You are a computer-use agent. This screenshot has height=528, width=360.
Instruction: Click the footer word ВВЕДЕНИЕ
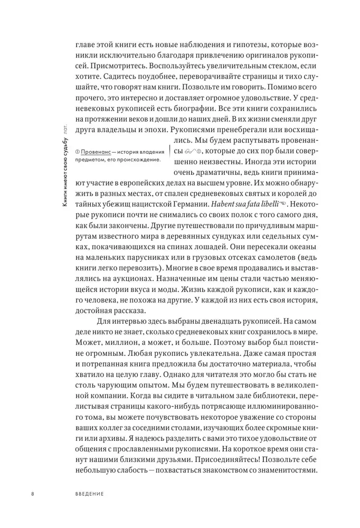coord(89,494)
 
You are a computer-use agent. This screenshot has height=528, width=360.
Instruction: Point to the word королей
coord(287,193)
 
